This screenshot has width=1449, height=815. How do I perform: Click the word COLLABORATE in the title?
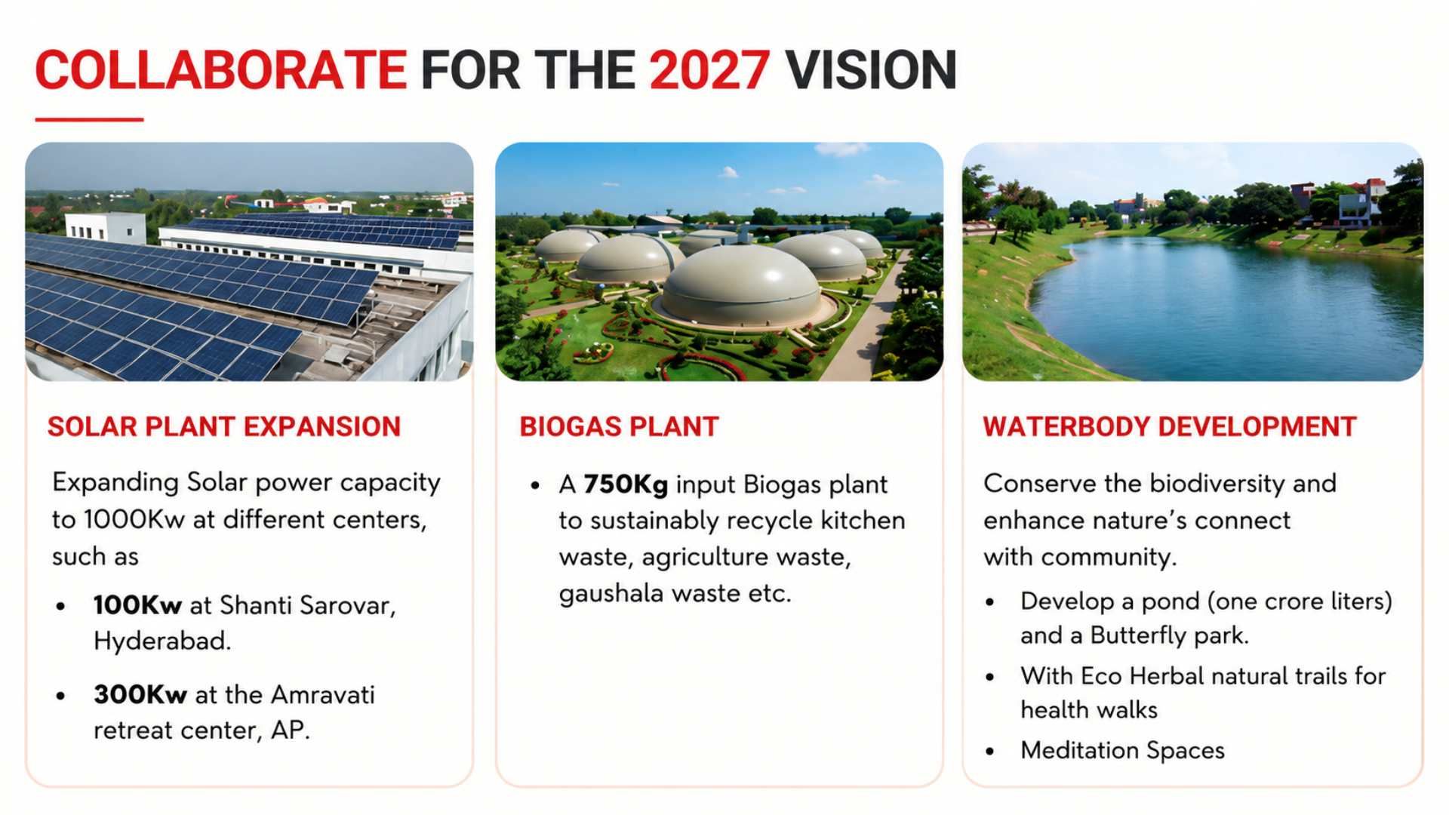221,70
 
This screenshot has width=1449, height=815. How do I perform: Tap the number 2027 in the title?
709,70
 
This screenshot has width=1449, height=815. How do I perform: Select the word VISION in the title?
871,70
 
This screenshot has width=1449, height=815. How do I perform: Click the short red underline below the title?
89,119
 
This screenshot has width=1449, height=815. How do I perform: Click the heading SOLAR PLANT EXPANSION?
224,427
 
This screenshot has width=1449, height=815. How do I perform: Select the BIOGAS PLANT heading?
620,427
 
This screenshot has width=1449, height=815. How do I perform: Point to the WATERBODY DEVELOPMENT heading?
1170,427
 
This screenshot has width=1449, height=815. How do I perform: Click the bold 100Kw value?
137,605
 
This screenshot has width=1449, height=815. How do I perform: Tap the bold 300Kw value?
140,694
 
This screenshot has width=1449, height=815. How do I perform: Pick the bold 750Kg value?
626,484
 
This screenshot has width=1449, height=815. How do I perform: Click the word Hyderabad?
162,641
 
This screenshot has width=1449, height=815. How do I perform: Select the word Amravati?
323,694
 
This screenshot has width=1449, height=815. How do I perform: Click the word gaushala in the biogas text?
612,595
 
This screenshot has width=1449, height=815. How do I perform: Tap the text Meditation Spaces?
1122,751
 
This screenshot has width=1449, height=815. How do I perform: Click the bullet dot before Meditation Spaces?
990,752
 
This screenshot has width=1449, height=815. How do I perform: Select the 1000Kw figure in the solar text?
134,520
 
